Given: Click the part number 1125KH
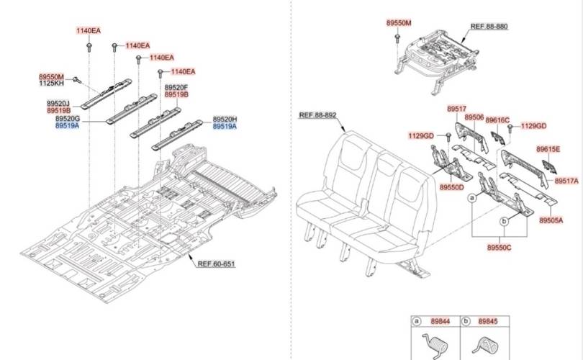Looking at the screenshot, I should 51,84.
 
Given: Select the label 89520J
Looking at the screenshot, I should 58,104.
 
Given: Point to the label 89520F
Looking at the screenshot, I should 176,87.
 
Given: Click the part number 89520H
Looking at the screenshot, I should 225,119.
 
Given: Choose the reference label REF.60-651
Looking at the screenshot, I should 216,264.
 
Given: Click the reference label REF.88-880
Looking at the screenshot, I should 489,26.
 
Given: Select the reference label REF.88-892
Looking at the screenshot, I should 317,114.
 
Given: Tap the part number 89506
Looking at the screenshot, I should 474,117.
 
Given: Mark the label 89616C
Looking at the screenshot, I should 497,120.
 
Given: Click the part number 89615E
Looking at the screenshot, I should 548,149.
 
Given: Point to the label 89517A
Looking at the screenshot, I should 566,181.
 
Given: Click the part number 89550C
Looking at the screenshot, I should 499,247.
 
